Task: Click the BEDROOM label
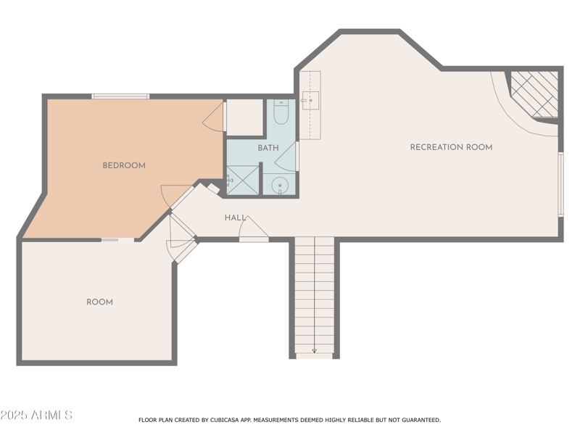[124, 165]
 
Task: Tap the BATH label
[268, 148]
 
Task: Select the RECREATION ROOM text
[451, 147]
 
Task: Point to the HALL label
[235, 217]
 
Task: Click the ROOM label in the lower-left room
[99, 302]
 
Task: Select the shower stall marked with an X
[242, 180]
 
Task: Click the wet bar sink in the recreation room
[310, 101]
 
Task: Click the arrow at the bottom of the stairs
[314, 350]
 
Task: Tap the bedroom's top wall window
[120, 96]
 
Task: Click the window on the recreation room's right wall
[560, 184]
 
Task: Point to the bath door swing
[287, 158]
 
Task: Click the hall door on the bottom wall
[254, 230]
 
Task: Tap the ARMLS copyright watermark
[36, 415]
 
